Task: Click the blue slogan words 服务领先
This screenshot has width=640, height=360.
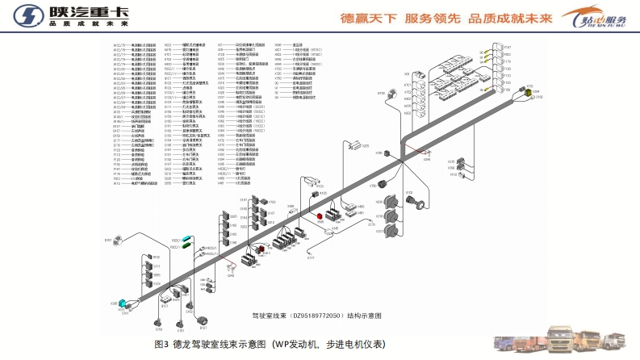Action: coord(436,16)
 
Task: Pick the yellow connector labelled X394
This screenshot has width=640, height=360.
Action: coord(530,94)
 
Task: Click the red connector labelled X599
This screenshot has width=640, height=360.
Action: coord(320,216)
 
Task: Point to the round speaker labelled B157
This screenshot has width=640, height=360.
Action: coord(118,240)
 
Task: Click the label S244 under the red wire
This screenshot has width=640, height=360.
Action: coord(427,160)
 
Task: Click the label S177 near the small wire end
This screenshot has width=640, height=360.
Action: coord(310,260)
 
